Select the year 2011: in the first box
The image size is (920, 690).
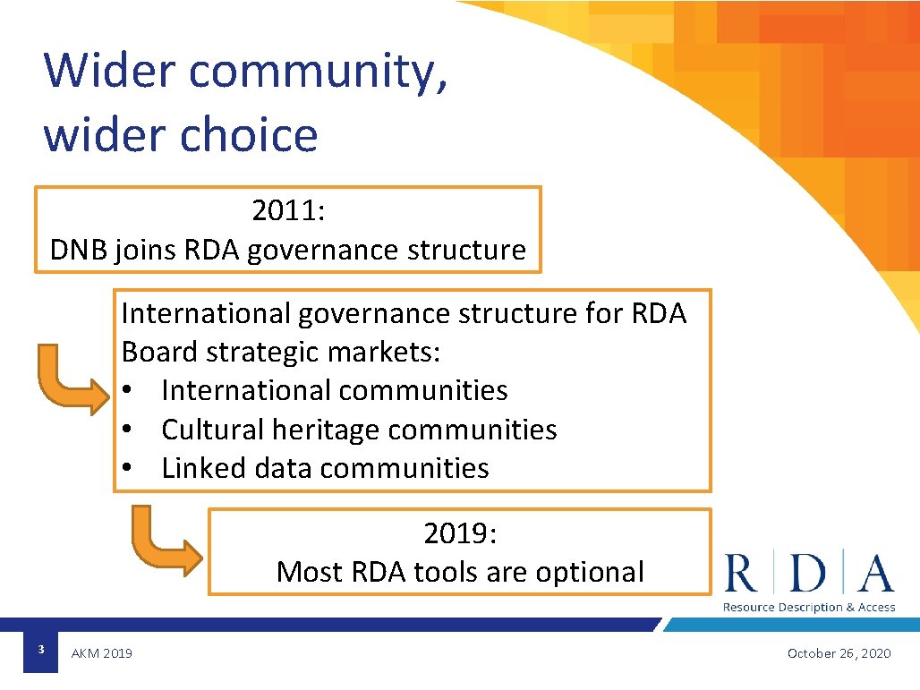point(288,211)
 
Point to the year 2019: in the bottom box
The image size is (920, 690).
point(460,533)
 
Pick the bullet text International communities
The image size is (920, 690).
point(334,390)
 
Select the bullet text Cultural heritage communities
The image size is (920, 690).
point(358,430)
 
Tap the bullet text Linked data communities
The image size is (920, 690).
point(325,468)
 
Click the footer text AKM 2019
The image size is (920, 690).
point(102,653)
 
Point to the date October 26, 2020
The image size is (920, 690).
point(839,653)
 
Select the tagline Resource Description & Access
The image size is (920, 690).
point(809,608)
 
